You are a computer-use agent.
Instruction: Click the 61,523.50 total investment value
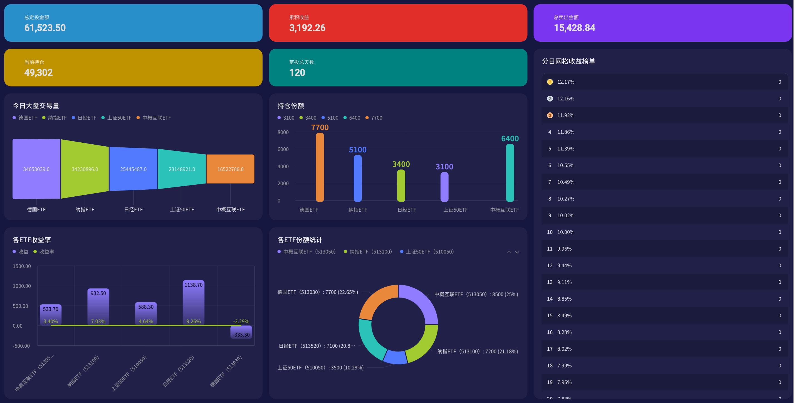(45, 28)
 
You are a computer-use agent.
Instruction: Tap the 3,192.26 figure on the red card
(307, 28)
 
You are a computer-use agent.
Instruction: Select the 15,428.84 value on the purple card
(574, 28)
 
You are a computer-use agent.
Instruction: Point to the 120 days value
(297, 73)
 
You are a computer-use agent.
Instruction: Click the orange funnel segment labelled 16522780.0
(230, 169)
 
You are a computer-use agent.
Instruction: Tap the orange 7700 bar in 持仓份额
(320, 167)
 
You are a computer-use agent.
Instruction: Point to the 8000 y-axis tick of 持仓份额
(283, 132)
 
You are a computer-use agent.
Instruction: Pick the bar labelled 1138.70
(194, 303)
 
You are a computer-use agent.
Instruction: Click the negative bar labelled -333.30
(241, 332)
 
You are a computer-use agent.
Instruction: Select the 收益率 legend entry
(44, 252)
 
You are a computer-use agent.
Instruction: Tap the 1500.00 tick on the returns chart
(22, 266)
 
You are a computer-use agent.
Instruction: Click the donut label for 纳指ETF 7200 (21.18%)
(478, 351)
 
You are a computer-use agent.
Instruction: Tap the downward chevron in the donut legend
(517, 252)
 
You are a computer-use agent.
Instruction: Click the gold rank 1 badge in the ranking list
(550, 82)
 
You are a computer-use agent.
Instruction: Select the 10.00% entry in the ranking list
(565, 232)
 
